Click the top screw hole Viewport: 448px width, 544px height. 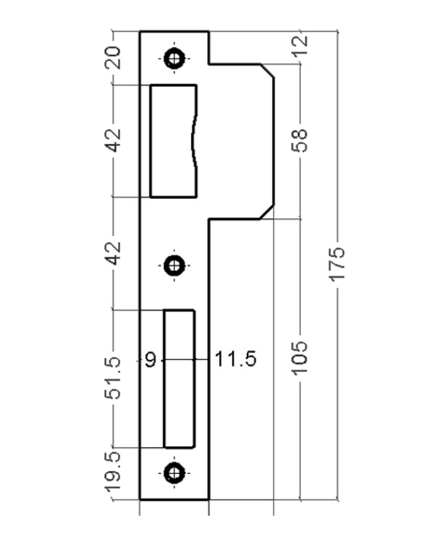[174, 59]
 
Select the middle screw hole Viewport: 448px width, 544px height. [174, 265]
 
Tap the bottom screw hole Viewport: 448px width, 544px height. [174, 473]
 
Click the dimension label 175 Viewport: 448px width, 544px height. [337, 263]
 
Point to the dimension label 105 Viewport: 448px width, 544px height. [299, 358]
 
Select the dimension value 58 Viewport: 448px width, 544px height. [299, 140]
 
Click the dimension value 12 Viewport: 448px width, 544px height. [300, 45]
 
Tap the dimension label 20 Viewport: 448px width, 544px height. [113, 58]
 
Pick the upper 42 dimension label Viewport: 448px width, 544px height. [113, 140]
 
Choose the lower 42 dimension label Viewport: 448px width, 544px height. [113, 253]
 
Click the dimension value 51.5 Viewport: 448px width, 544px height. [113, 378]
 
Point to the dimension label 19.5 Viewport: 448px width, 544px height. [113, 472]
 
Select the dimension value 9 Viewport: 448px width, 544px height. [151, 360]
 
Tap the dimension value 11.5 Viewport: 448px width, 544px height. [236, 359]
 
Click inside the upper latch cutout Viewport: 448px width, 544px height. [172, 141]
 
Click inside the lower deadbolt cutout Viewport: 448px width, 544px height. [179, 379]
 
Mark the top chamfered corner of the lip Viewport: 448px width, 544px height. [267, 71]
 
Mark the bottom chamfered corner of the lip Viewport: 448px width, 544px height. [267, 212]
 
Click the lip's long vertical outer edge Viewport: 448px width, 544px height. [274, 141]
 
